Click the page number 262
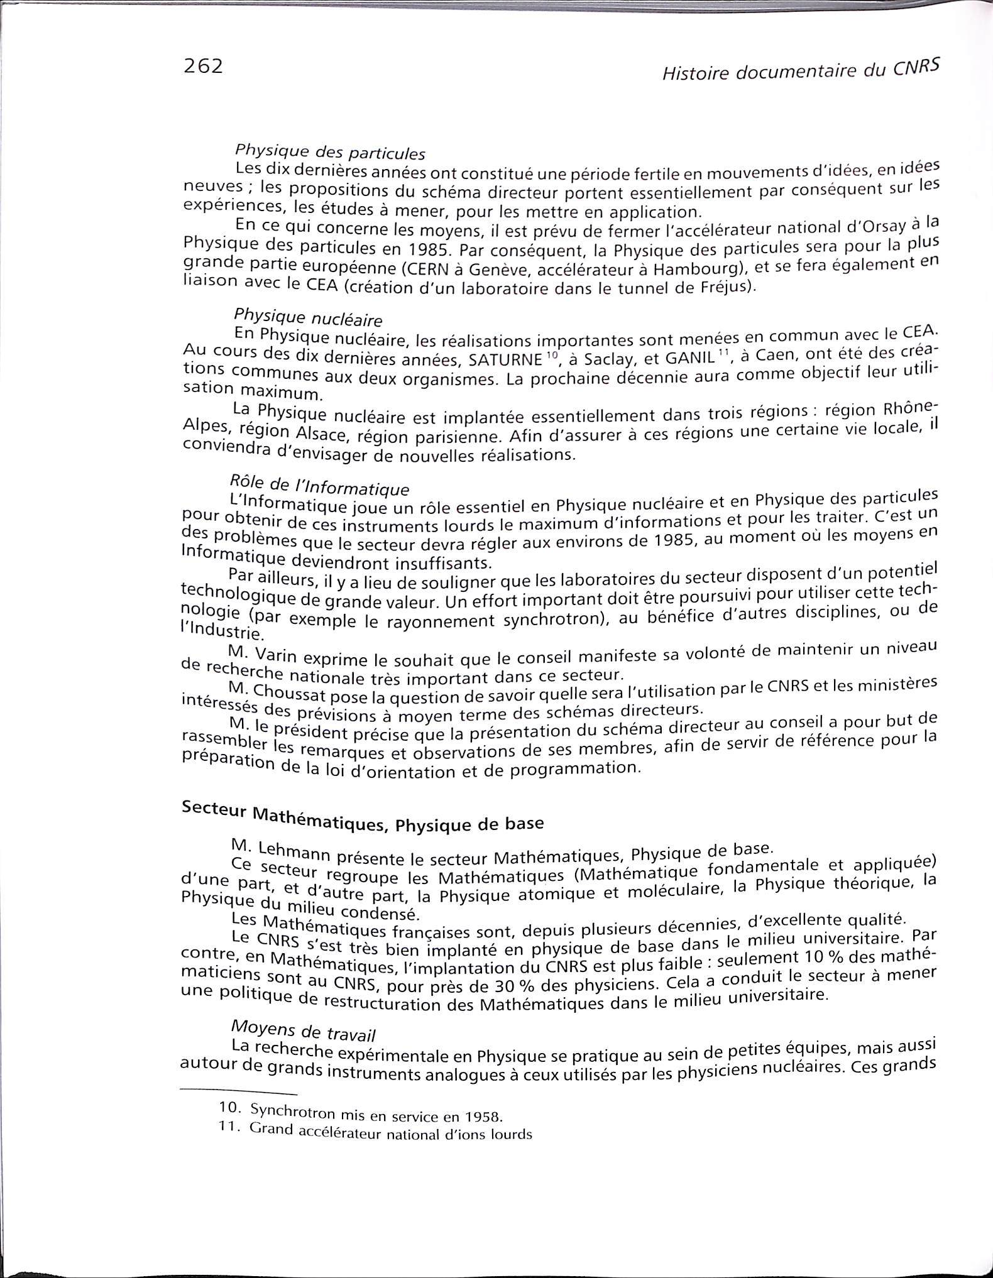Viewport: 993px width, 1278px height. click(x=203, y=65)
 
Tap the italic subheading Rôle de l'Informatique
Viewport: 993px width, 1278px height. click(x=319, y=485)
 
